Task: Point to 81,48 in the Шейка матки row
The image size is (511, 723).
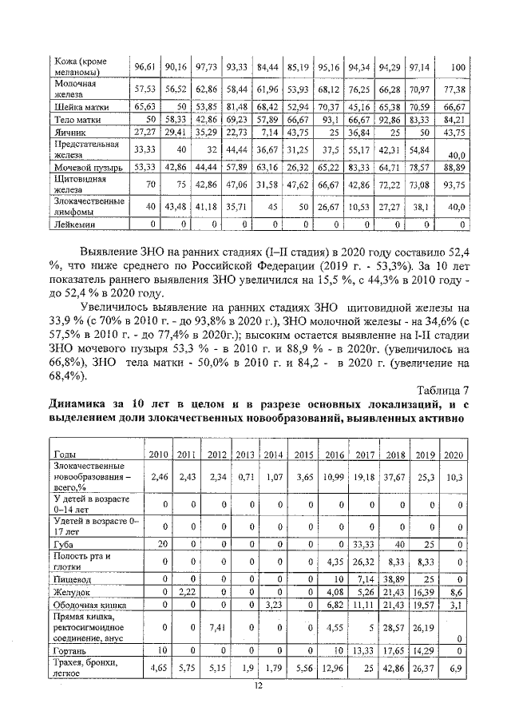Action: tap(236, 105)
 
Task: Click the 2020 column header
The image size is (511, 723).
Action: tap(453, 455)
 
